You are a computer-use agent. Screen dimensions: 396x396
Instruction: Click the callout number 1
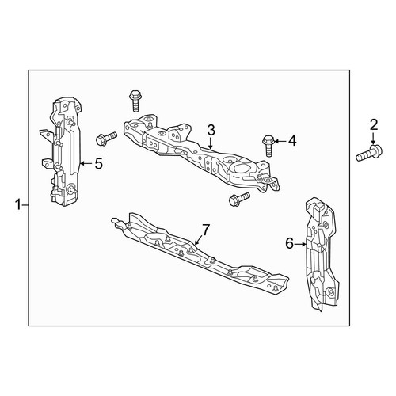tap(18, 205)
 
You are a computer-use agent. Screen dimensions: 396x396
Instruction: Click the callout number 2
tap(374, 125)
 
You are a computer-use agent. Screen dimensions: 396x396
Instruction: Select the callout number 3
tap(211, 130)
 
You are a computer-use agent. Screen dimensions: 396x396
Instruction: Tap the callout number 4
tap(292, 141)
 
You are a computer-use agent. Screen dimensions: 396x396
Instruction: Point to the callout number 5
tap(98, 164)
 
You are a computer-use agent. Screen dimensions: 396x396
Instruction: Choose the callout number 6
tap(289, 243)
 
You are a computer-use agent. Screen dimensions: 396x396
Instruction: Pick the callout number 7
tap(206, 230)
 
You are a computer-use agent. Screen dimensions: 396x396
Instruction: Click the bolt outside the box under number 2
tap(369, 154)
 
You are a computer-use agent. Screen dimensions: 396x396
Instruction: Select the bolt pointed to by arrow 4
tap(268, 146)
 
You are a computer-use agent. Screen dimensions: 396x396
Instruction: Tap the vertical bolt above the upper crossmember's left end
tap(135, 101)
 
